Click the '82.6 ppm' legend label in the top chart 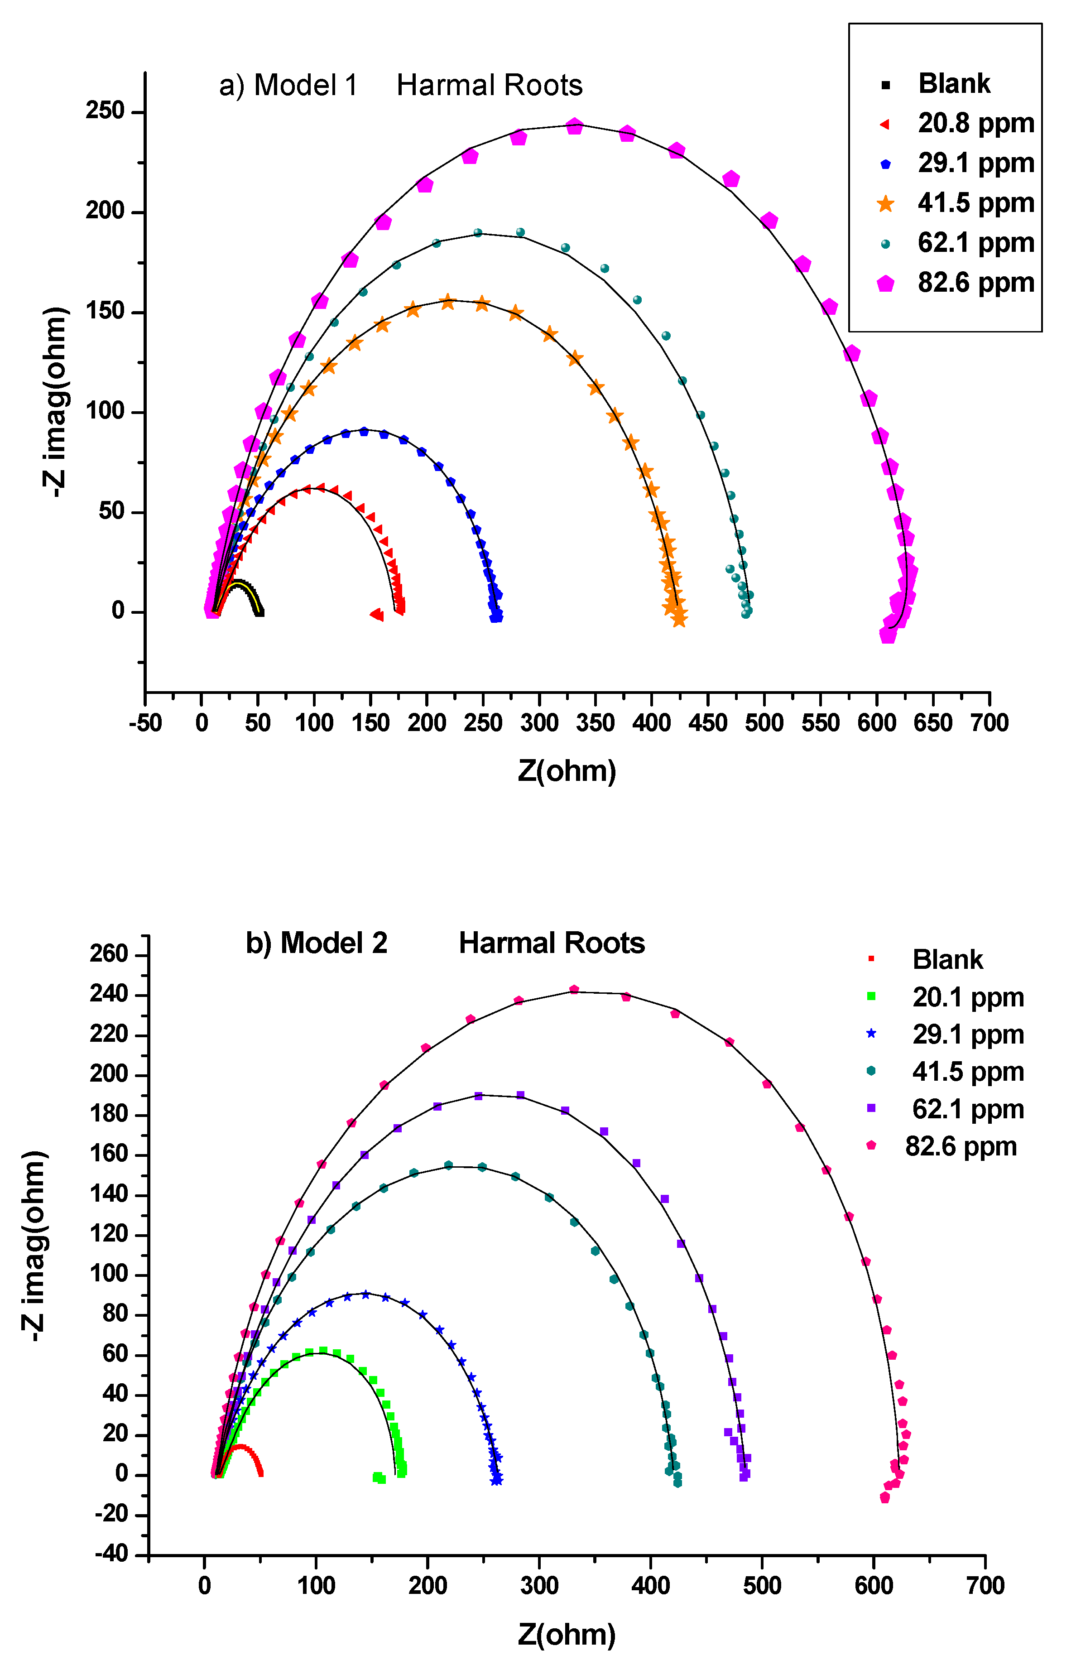coord(975,283)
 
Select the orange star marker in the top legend coord(885,204)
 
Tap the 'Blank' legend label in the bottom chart coord(947,960)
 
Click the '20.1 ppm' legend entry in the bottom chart coord(968,998)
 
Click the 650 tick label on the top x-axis coord(933,722)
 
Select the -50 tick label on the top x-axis coord(145,722)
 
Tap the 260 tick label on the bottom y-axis coord(109,954)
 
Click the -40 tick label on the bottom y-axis coord(112,1554)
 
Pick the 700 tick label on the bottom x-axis coord(985,1585)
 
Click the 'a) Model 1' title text coord(288,85)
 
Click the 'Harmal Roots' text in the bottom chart coord(551,943)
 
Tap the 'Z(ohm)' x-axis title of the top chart coord(567,770)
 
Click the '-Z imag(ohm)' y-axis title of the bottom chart coord(35,1245)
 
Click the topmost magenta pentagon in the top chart coord(574,126)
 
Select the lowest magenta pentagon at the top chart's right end coord(887,635)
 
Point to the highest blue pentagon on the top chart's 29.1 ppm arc coord(363,432)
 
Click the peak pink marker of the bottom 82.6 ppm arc coord(574,989)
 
